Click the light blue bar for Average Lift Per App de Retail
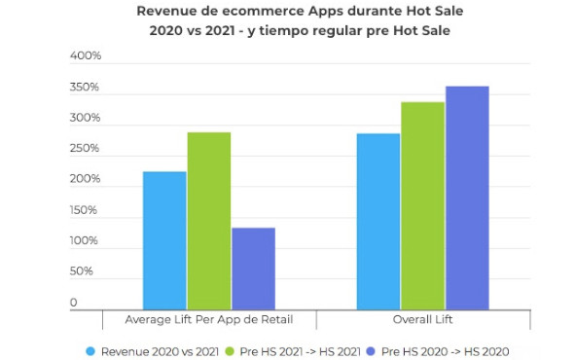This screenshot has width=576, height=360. tap(164, 240)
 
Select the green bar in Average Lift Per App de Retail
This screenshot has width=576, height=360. tap(209, 221)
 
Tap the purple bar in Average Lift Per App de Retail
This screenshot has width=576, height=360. tap(254, 269)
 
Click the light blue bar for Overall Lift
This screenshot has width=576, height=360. tap(378, 222)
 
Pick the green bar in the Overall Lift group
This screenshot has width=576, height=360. tap(423, 205)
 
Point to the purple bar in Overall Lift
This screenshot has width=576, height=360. tap(467, 198)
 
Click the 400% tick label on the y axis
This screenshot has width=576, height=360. tap(86, 55)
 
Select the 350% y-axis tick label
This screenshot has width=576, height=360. tap(85, 87)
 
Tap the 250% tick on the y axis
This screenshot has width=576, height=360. tap(85, 148)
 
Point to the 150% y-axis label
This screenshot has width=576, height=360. tap(84, 210)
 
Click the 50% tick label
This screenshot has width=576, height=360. tap(81, 271)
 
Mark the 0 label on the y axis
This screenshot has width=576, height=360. tap(74, 303)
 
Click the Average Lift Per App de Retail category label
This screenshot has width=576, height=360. tap(209, 319)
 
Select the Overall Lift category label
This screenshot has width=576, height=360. tap(422, 319)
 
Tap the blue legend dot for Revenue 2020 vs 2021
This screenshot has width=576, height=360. tap(90, 351)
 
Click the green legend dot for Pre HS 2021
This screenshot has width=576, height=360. tap(230, 351)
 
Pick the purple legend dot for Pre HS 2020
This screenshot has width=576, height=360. tap(372, 351)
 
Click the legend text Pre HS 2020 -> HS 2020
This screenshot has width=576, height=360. tap(446, 351)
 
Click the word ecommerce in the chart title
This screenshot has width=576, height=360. tap(263, 11)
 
